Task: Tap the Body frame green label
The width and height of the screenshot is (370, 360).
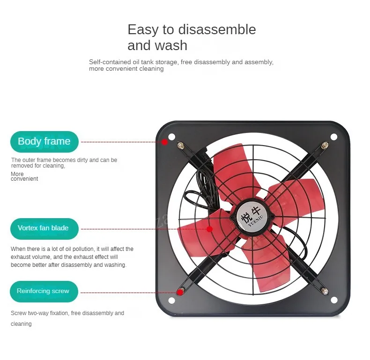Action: [44, 141]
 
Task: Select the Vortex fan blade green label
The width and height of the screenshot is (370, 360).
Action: [43, 228]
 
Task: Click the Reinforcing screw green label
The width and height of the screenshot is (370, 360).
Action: [43, 291]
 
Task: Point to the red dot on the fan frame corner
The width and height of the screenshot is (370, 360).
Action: [164, 142]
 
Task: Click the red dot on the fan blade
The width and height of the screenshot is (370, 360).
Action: [209, 229]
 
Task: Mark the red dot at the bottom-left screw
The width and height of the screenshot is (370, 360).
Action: [179, 293]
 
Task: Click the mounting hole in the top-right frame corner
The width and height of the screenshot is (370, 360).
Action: [333, 137]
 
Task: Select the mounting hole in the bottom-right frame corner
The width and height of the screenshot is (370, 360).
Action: [333, 300]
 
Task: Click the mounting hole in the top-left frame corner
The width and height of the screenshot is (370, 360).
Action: [171, 137]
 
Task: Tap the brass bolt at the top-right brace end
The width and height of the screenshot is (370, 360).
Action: [324, 146]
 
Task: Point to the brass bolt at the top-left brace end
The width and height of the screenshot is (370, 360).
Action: [180, 147]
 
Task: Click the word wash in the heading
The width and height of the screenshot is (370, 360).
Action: [173, 45]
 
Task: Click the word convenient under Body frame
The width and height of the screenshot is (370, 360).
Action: [24, 179]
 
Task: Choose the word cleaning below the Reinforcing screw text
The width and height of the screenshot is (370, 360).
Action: [21, 324]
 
